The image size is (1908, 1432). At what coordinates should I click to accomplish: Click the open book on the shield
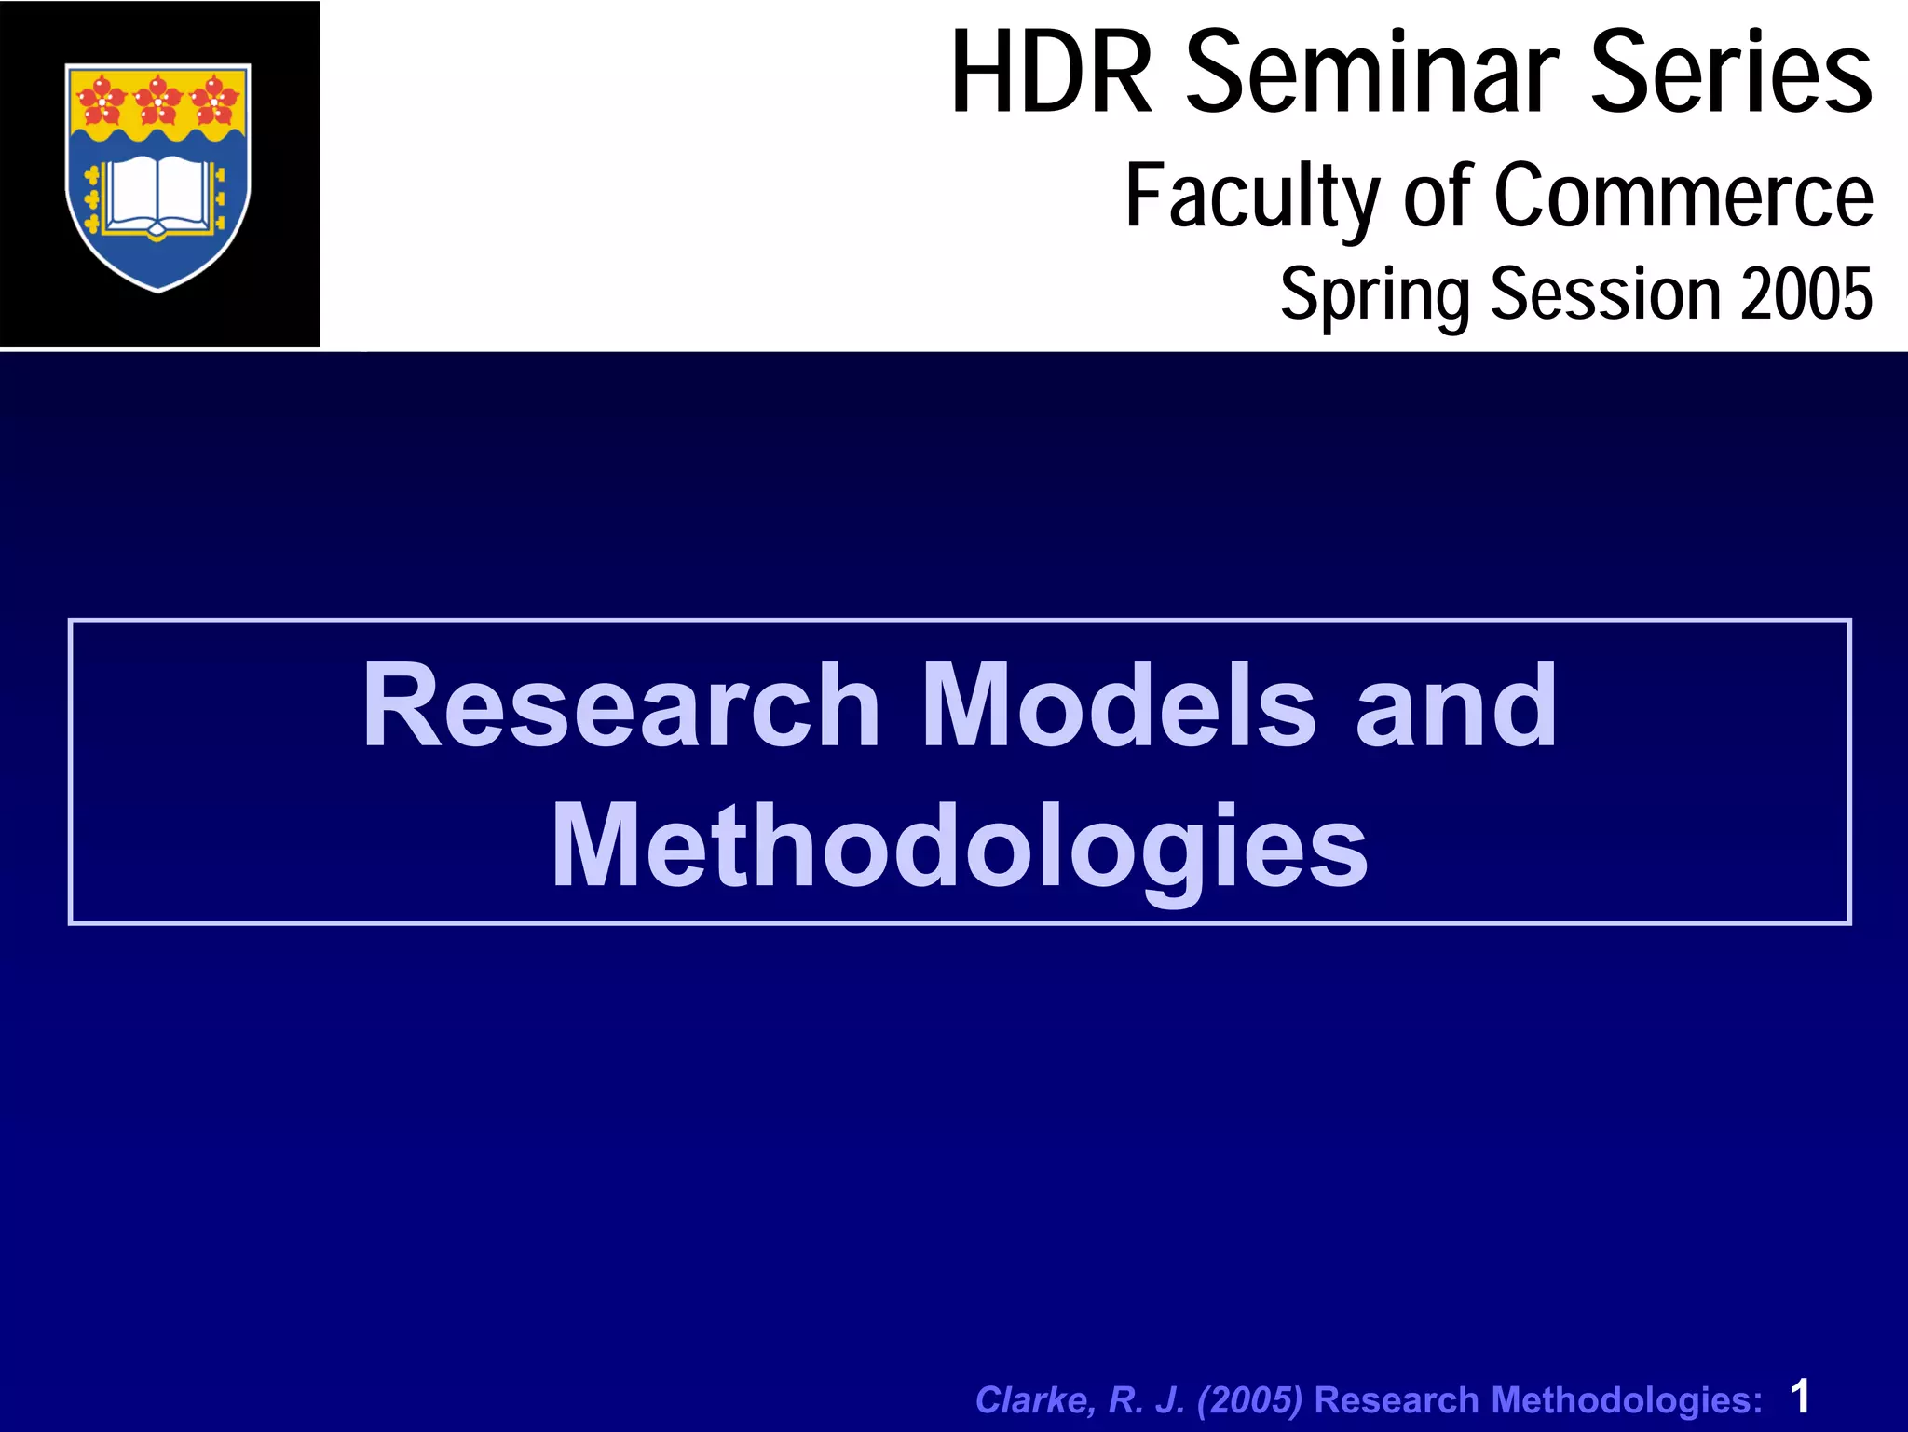[157, 194]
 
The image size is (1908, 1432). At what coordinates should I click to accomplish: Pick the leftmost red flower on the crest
[102, 100]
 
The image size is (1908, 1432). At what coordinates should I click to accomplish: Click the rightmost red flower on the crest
[214, 100]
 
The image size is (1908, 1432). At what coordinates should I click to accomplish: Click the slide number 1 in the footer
[1800, 1397]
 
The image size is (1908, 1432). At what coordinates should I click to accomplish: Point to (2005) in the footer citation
[1249, 1400]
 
